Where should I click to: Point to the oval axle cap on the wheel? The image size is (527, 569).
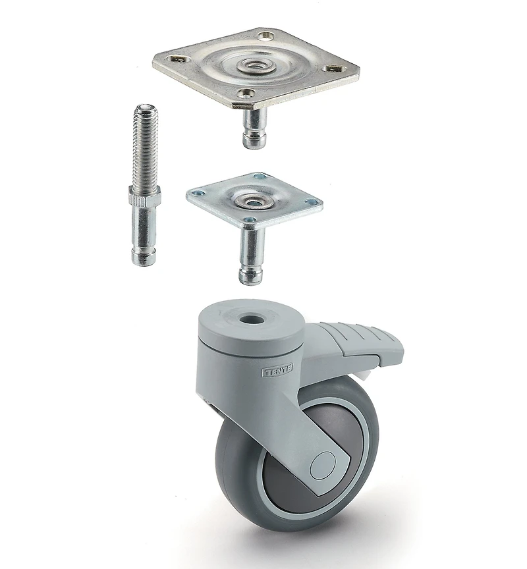tap(323, 465)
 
